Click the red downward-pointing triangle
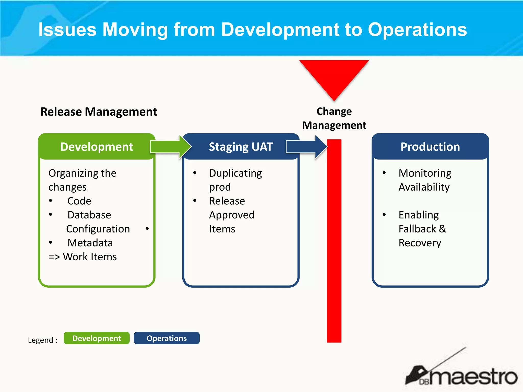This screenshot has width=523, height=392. pos(334,77)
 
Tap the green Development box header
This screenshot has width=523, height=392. pos(97,147)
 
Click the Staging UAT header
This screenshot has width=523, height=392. pos(241,147)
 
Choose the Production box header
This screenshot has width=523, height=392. pos(430,147)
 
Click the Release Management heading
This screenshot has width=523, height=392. pos(99,112)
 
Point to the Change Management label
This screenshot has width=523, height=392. pos(334,118)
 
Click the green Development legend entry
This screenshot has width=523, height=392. pos(97,338)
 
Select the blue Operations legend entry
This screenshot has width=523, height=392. pos(167,338)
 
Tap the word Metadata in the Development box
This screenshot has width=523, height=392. pos(90,243)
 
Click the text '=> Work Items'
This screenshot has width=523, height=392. pos(82,257)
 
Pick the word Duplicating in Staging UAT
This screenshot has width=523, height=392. pos(235,173)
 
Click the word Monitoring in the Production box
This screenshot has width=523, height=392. pos(425,173)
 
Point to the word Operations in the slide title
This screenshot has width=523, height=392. pos(417,30)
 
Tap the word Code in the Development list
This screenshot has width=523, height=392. pos(79,201)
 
